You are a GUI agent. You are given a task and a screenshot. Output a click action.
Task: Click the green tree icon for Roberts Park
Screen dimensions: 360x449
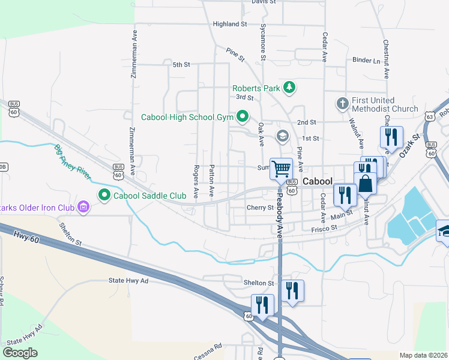pyautogui.click(x=289, y=88)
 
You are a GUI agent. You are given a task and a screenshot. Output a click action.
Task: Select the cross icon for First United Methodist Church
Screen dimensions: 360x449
pyautogui.click(x=343, y=104)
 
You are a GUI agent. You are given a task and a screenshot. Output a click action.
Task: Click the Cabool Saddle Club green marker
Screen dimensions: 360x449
pyautogui.click(x=104, y=195)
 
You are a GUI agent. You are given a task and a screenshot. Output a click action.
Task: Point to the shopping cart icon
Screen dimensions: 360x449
pyautogui.click(x=280, y=169)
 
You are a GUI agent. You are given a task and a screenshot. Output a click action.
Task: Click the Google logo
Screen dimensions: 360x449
pyautogui.click(x=20, y=353)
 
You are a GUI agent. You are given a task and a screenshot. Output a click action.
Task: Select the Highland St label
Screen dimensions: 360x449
pyautogui.click(x=231, y=24)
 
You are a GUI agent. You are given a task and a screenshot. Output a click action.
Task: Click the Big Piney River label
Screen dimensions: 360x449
pyautogui.click(x=76, y=159)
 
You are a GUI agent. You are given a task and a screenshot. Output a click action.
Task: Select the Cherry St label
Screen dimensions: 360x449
pyautogui.click(x=260, y=208)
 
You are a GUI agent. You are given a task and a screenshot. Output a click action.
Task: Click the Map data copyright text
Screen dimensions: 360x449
pyautogui.click(x=424, y=355)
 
